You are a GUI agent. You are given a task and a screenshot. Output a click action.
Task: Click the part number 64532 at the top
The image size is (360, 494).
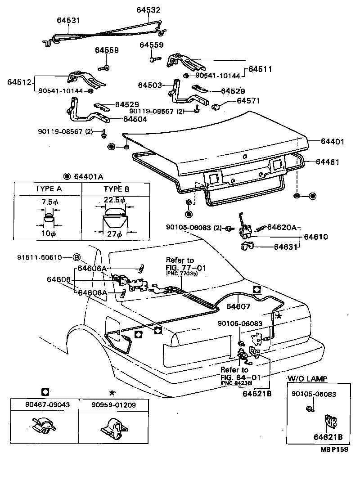click(148, 10)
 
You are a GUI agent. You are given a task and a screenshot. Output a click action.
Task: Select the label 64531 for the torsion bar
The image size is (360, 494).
click(68, 20)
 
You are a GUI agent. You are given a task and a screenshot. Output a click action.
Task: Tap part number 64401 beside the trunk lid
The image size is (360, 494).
click(333, 141)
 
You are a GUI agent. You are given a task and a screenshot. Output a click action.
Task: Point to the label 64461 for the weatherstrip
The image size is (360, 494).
click(328, 162)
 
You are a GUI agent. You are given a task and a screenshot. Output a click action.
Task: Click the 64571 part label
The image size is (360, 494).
click(248, 101)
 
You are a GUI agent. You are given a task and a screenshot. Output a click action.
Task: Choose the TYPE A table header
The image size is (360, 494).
click(48, 189)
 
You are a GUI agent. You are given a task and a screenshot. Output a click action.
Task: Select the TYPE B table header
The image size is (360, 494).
click(116, 189)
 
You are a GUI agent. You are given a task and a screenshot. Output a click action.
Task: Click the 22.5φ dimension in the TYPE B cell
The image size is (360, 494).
click(114, 200)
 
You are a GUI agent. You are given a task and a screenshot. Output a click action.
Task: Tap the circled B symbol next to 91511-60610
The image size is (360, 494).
click(76, 257)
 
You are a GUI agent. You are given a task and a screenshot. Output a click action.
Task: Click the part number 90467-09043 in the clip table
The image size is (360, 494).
click(47, 404)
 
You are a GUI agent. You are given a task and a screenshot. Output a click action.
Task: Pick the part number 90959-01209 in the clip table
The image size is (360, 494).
click(114, 404)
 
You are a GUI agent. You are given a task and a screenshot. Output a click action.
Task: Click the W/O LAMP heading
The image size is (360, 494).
click(307, 378)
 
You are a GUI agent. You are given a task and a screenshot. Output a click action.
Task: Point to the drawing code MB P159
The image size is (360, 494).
click(334, 449)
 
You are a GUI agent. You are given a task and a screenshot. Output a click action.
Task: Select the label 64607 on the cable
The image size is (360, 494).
click(238, 306)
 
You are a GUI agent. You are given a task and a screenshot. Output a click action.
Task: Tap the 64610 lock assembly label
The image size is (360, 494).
click(316, 237)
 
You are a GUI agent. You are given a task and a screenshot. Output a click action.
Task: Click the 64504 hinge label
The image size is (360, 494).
click(135, 119)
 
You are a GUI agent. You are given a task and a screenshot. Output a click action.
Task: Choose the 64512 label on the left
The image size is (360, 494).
click(19, 82)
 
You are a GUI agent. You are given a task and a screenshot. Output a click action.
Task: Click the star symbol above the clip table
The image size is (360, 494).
click(112, 393)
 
